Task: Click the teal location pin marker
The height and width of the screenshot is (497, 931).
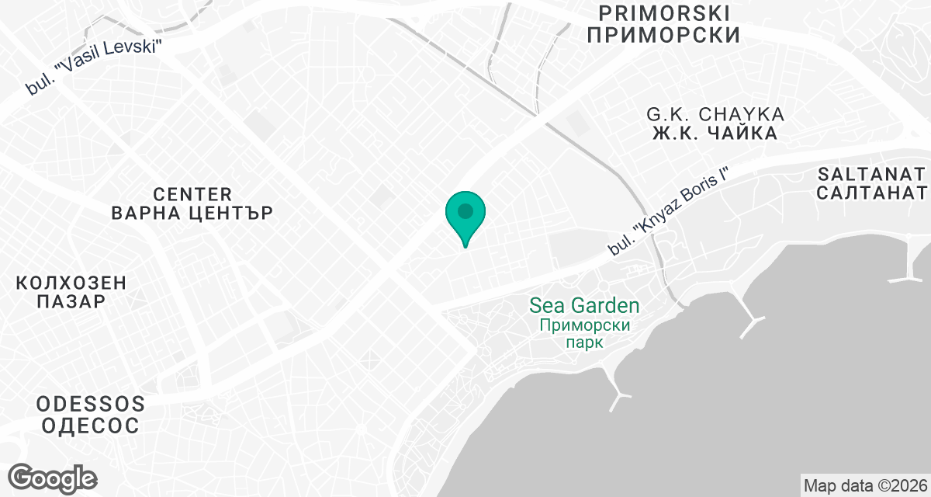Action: [465, 218]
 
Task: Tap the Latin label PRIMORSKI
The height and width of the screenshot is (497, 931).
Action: [664, 12]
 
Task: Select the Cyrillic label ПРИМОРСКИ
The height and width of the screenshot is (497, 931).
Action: [663, 35]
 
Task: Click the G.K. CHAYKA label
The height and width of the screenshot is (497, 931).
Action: [715, 114]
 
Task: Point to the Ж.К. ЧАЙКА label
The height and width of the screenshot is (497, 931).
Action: [715, 134]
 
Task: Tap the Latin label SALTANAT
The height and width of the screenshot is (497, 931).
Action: [871, 172]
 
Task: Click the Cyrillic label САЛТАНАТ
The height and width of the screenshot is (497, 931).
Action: [871, 193]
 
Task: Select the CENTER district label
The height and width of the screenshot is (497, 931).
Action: [192, 193]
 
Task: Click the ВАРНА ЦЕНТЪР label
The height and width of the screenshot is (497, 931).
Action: [192, 214]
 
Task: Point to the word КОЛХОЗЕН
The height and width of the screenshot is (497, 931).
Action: [71, 283]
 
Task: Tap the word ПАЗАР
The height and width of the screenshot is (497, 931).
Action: [71, 303]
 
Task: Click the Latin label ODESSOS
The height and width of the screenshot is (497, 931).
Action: [91, 404]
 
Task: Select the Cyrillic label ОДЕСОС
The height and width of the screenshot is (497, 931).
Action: [91, 426]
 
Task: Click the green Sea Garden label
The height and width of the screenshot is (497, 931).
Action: [584, 305]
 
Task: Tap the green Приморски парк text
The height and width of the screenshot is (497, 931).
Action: [584, 334]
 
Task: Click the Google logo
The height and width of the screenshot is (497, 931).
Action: [53, 477]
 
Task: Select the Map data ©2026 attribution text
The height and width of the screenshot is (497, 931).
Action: [865, 486]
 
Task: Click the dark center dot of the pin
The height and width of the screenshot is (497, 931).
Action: [465, 210]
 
